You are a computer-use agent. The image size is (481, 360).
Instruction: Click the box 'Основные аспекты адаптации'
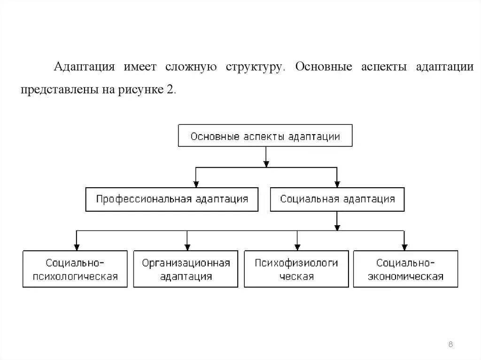(x=265, y=137)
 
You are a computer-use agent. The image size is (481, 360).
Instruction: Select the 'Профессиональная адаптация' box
(x=172, y=199)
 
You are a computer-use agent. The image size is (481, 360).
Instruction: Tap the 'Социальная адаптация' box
(x=337, y=199)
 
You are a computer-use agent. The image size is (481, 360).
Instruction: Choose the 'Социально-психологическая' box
(x=75, y=269)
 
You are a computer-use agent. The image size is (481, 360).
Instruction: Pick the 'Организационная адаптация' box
(x=186, y=269)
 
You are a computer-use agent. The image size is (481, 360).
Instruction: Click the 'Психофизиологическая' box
(x=296, y=269)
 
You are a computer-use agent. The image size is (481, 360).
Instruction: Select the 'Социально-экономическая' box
(x=405, y=269)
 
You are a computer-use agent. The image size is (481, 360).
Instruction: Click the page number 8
(x=450, y=345)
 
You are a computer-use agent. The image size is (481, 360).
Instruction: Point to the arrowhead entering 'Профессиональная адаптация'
(x=195, y=184)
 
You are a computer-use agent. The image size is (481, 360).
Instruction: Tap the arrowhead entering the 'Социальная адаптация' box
(x=337, y=184)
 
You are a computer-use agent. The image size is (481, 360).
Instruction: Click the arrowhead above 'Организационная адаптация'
(x=187, y=247)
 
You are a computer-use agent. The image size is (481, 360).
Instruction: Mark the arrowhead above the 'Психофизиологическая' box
(x=297, y=247)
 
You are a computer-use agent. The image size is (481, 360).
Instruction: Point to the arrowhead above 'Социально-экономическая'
(x=404, y=247)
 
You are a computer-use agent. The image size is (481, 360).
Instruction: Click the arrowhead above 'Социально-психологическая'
(x=76, y=247)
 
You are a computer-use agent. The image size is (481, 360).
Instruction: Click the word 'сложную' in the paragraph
(x=191, y=66)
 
